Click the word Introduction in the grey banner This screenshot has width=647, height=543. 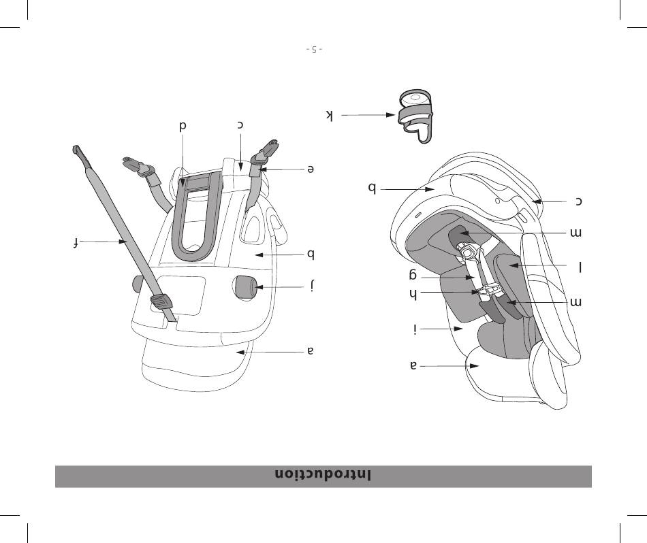323,475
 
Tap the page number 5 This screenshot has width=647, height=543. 315,50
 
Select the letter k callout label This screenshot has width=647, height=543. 329,115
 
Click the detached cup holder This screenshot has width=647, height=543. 416,116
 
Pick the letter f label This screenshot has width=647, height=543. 76,243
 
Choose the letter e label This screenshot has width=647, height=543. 311,169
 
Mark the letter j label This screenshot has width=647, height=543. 313,285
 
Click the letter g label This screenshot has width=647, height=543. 413,275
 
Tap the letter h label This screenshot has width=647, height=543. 413,294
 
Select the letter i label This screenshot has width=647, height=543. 415,329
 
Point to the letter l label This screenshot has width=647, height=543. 580,267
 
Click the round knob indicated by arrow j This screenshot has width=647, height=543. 245,286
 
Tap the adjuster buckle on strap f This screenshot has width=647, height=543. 161,302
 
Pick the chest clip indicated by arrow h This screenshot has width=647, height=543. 488,291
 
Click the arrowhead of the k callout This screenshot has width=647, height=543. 390,115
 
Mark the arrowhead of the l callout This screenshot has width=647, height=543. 514,266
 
